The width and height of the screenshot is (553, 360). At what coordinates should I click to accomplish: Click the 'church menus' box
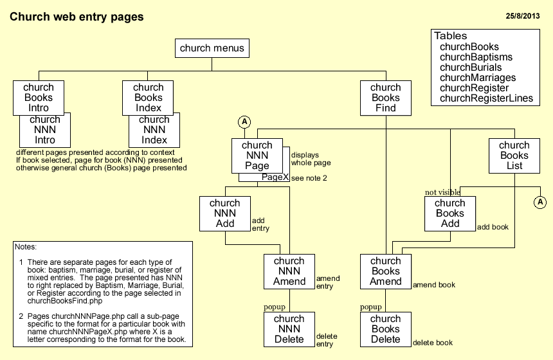click(212, 48)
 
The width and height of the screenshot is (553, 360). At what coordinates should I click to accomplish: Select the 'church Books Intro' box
click(39, 98)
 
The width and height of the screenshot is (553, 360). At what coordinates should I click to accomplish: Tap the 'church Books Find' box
click(386, 98)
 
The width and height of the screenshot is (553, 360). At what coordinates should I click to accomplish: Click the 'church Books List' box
click(514, 156)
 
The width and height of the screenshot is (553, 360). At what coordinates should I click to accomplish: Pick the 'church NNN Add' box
click(225, 213)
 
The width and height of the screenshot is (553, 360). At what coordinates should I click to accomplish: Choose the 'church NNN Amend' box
click(289, 271)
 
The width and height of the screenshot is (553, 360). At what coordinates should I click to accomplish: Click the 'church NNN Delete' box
click(289, 329)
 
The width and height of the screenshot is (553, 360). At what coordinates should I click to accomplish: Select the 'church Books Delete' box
click(386, 329)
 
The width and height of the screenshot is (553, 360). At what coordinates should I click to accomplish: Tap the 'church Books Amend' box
click(386, 271)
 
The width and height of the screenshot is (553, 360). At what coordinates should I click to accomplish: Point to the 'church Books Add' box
click(450, 213)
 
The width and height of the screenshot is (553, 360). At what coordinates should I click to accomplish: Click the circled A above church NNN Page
click(244, 122)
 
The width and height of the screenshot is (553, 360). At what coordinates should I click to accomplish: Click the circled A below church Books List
click(540, 203)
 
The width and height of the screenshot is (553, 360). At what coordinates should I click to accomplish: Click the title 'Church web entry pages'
click(77, 16)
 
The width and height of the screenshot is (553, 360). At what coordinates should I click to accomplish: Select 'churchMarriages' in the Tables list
click(478, 78)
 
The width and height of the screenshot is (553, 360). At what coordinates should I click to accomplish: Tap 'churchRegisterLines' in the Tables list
click(486, 98)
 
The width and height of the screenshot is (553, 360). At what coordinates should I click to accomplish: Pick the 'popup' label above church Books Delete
click(371, 307)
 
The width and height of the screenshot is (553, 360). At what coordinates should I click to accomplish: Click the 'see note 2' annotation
click(309, 178)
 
